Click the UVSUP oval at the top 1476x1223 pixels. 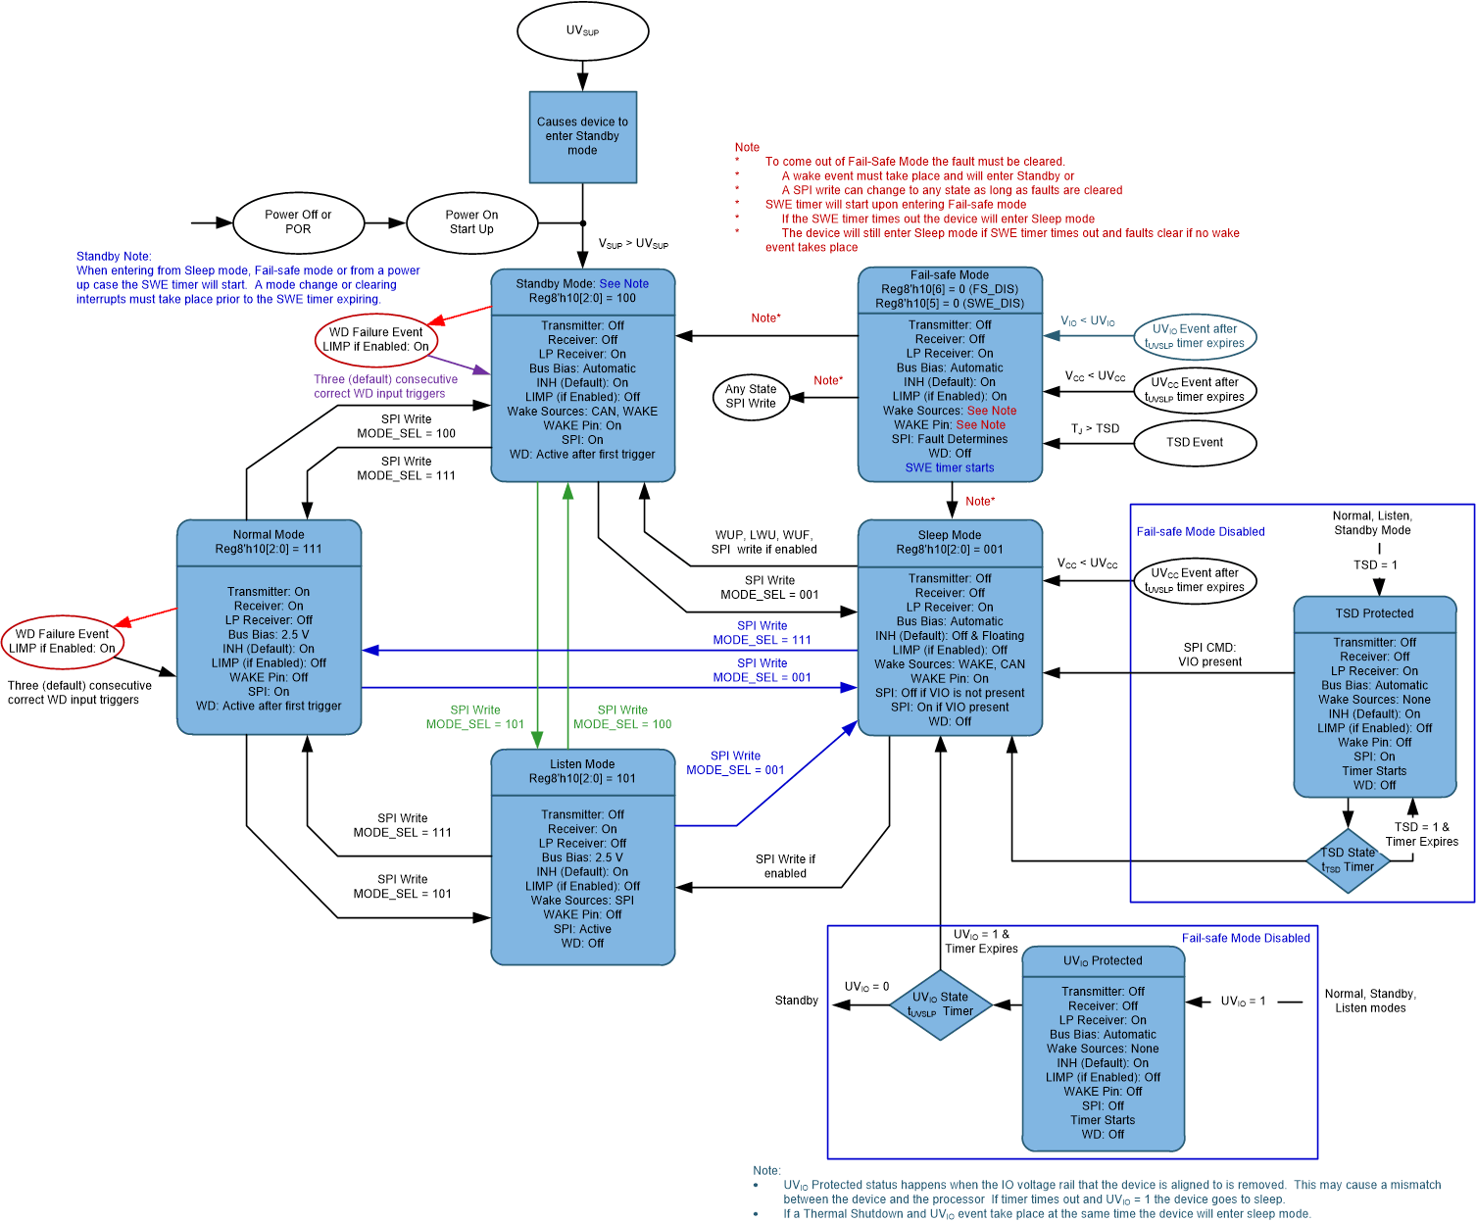click(x=582, y=30)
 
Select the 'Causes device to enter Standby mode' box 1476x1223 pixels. click(x=582, y=136)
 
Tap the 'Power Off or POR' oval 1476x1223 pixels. click(x=298, y=222)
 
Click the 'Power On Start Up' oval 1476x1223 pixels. click(x=471, y=222)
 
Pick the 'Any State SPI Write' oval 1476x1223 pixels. click(x=750, y=396)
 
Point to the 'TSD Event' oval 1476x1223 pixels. click(x=1194, y=442)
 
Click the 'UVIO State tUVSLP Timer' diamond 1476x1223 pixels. click(x=940, y=1004)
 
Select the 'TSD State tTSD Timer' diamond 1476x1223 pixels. click(x=1348, y=860)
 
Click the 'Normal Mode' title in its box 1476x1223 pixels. click(x=269, y=535)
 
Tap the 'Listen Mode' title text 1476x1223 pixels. click(x=582, y=764)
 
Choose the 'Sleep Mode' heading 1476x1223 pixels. click(x=949, y=535)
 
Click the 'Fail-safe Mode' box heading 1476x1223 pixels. click(x=949, y=275)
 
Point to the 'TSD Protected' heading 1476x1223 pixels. click(x=1374, y=613)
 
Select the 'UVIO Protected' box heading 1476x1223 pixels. click(x=1103, y=961)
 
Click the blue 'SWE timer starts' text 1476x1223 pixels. click(x=949, y=468)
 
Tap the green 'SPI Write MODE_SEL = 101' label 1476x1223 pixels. click(x=474, y=717)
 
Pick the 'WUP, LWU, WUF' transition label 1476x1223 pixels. click(x=763, y=535)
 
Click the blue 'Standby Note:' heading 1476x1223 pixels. click(x=114, y=257)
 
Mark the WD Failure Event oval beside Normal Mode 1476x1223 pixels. click(x=62, y=641)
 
